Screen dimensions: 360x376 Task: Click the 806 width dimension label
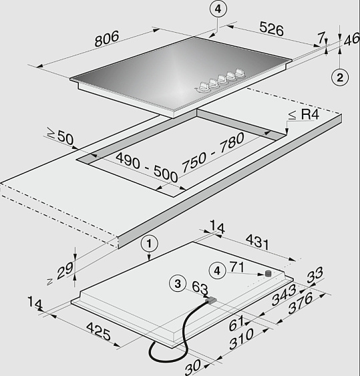(107, 38)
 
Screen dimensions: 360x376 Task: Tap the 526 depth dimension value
(271, 29)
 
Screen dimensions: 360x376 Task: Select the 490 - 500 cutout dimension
(146, 167)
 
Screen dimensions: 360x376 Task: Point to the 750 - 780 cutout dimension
(213, 152)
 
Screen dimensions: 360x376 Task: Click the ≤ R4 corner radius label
(304, 114)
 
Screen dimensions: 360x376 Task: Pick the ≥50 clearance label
(60, 136)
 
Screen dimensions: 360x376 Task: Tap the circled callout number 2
(340, 77)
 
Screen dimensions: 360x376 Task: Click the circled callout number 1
(150, 244)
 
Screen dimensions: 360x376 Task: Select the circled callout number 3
(178, 284)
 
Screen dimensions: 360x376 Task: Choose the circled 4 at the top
(218, 9)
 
